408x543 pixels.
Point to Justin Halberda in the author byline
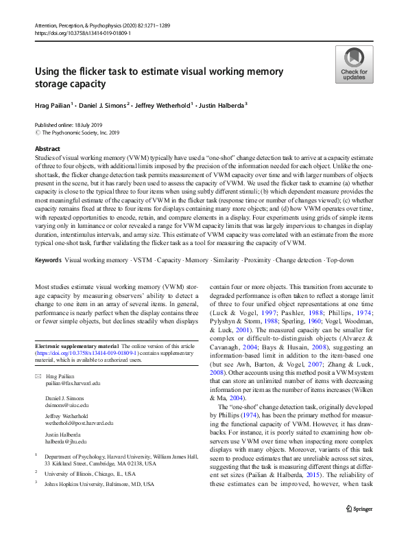pos(220,104)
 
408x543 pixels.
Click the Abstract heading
pos(47,149)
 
